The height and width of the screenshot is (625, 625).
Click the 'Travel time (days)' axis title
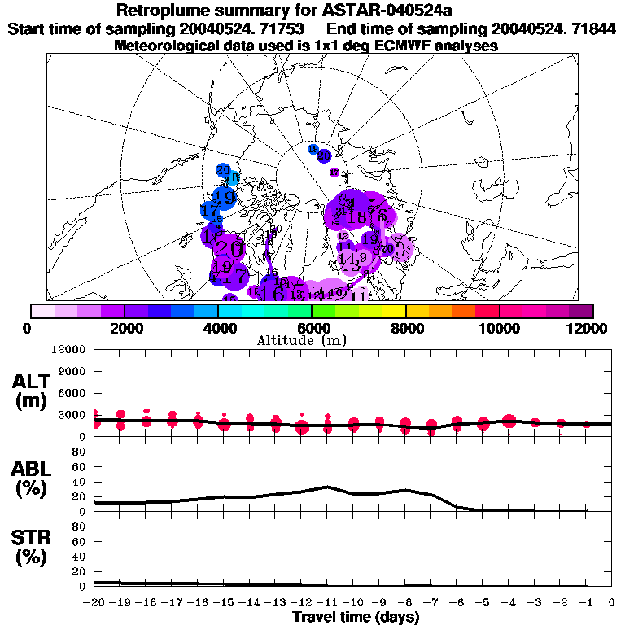click(356, 617)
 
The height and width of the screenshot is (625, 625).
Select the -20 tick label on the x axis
click(94, 602)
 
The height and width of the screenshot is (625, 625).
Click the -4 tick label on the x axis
click(509, 602)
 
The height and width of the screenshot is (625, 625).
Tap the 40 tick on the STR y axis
click(80, 556)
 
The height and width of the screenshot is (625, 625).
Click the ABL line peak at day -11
click(327, 487)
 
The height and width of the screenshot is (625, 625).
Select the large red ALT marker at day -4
click(509, 421)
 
